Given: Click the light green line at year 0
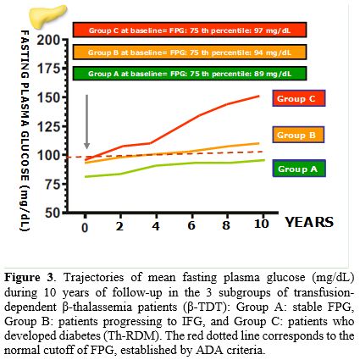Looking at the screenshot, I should [x=85, y=176].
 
